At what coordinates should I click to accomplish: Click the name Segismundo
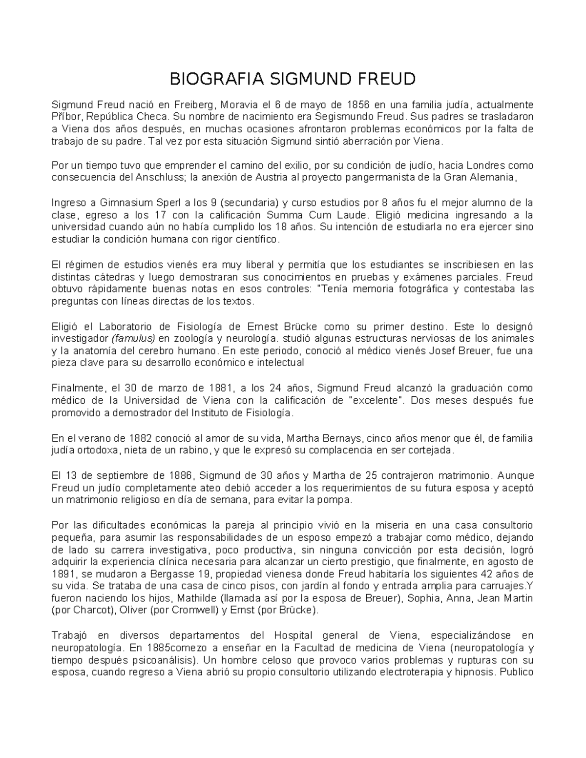(342, 117)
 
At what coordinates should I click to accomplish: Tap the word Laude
(351, 215)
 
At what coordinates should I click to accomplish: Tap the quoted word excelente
(376, 401)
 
